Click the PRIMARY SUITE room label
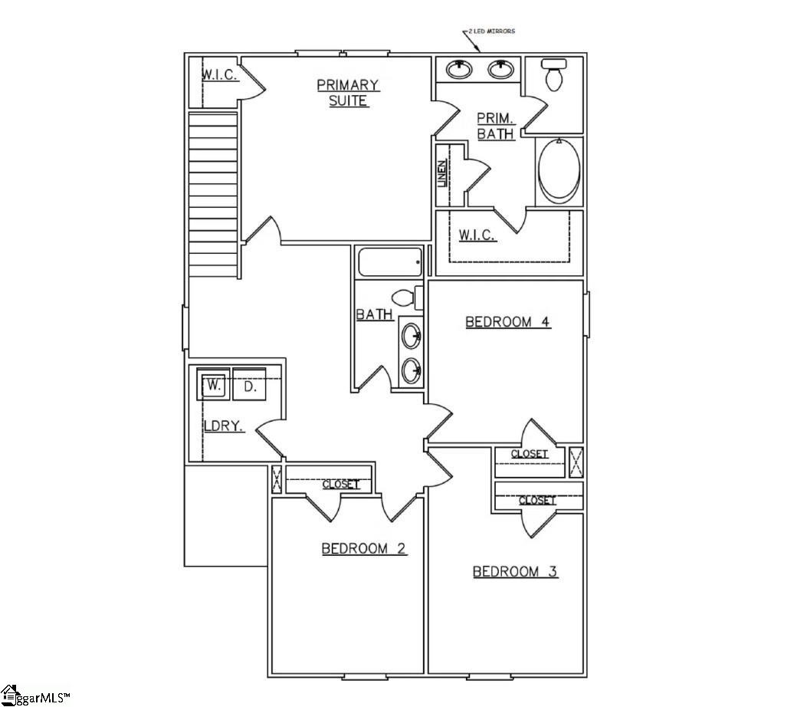[x=347, y=93]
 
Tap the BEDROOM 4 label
[x=507, y=322]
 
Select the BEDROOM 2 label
[x=363, y=548]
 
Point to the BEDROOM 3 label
[x=515, y=571]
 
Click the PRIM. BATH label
[x=494, y=126]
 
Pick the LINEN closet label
[x=442, y=174]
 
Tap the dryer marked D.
[x=249, y=386]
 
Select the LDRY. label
[x=223, y=426]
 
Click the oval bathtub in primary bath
[x=559, y=170]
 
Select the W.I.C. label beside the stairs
[x=221, y=75]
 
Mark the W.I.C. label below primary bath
[x=477, y=235]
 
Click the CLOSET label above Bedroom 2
[x=340, y=485]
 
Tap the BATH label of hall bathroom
[x=375, y=314]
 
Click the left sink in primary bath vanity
[x=459, y=70]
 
